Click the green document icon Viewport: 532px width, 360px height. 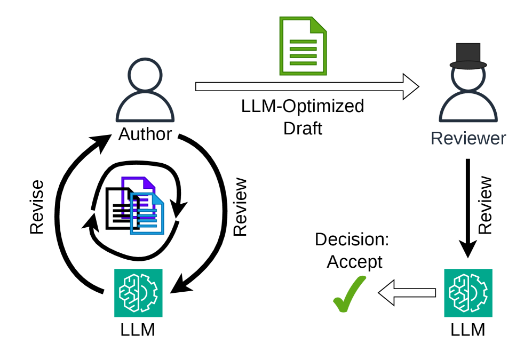pyautogui.click(x=303, y=46)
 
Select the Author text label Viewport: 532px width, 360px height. pyautogui.click(x=145, y=134)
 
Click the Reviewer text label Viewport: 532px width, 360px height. pyautogui.click(x=468, y=138)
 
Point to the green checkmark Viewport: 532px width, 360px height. pyautogui.click(x=350, y=294)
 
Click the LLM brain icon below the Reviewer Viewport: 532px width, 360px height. pyautogui.click(x=468, y=293)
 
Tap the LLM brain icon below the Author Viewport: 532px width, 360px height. pyautogui.click(x=138, y=293)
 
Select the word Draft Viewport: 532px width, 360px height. pyautogui.click(x=303, y=129)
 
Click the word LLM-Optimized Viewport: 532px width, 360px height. pyautogui.click(x=303, y=106)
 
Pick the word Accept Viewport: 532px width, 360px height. pyautogui.click(x=354, y=262)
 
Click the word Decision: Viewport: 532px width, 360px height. pyautogui.click(x=352, y=239)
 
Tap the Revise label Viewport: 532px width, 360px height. pyautogui.click(x=37, y=207)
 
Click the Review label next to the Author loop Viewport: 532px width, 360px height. pyautogui.click(x=240, y=207)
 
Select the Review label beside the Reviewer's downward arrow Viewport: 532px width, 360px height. pyautogui.click(x=485, y=205)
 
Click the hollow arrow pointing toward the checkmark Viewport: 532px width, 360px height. pyautogui.click(x=407, y=293)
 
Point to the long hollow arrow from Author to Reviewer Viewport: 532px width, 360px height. pyautogui.click(x=307, y=87)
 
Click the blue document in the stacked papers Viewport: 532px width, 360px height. pyautogui.click(x=147, y=214)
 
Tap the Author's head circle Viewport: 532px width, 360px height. pyautogui.click(x=145, y=75)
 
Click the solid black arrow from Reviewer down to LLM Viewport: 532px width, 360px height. pyautogui.click(x=468, y=208)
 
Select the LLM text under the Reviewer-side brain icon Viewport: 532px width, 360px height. pyautogui.click(x=468, y=330)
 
